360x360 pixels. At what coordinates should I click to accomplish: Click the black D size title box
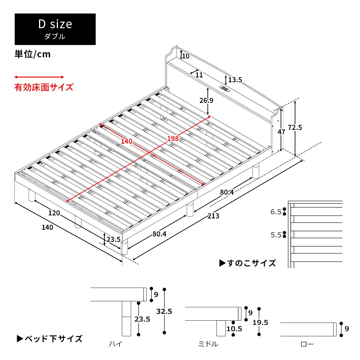pos(55,29)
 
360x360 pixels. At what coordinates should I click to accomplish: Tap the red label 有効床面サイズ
pos(44,87)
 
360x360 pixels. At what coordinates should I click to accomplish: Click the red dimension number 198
pos(173,138)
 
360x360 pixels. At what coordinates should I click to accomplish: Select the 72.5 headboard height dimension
pos(295,127)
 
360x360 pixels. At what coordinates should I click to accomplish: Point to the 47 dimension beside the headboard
pos(281,132)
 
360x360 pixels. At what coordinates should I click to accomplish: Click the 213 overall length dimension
pos(213,216)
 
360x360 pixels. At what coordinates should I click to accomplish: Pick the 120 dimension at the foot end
pos(54,213)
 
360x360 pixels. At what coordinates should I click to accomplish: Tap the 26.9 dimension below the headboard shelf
pos(206,100)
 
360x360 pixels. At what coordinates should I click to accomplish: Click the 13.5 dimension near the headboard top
pos(235,80)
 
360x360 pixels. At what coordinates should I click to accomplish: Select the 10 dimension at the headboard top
pos(186,56)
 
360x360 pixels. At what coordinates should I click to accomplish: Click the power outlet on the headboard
pos(224,88)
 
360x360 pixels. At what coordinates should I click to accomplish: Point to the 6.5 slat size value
pos(276,212)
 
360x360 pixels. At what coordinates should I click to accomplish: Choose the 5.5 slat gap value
pos(276,235)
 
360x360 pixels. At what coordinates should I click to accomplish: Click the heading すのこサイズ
pos(248,263)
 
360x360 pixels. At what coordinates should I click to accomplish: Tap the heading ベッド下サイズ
pos(50,339)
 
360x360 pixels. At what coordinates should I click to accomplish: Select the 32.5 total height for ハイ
pos(164,311)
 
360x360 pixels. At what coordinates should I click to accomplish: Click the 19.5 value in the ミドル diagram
pos(260,322)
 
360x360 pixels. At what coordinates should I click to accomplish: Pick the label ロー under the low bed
pos(307,344)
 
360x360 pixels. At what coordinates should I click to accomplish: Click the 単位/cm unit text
pos(33,54)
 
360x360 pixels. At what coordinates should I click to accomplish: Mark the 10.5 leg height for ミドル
pos(234,329)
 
